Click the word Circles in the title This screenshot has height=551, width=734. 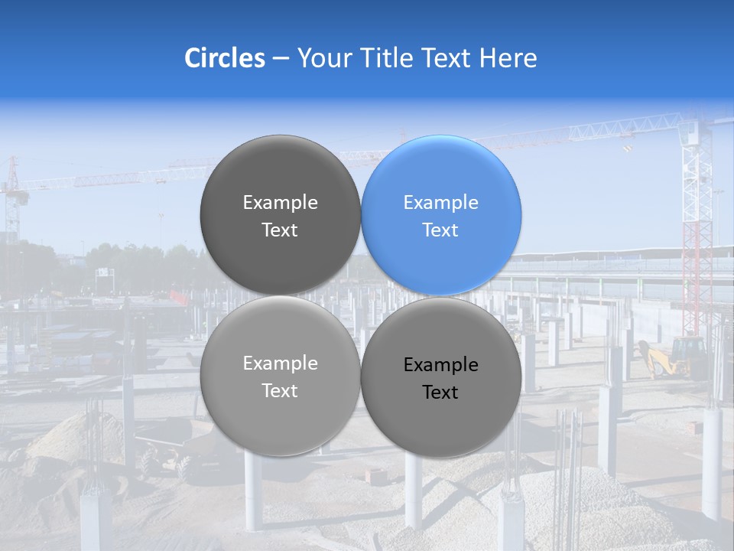click(224, 58)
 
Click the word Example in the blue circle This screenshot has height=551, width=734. click(441, 203)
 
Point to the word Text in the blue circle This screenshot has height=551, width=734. click(441, 230)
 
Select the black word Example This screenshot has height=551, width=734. click(441, 365)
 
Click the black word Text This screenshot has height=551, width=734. click(441, 393)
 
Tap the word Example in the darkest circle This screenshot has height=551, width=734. click(280, 203)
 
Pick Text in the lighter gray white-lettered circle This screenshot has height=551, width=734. click(280, 391)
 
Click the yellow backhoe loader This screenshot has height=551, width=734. click(673, 358)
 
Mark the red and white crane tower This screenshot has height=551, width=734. click(697, 230)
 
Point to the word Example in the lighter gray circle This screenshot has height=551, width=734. click(280, 364)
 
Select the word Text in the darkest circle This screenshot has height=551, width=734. click(280, 230)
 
